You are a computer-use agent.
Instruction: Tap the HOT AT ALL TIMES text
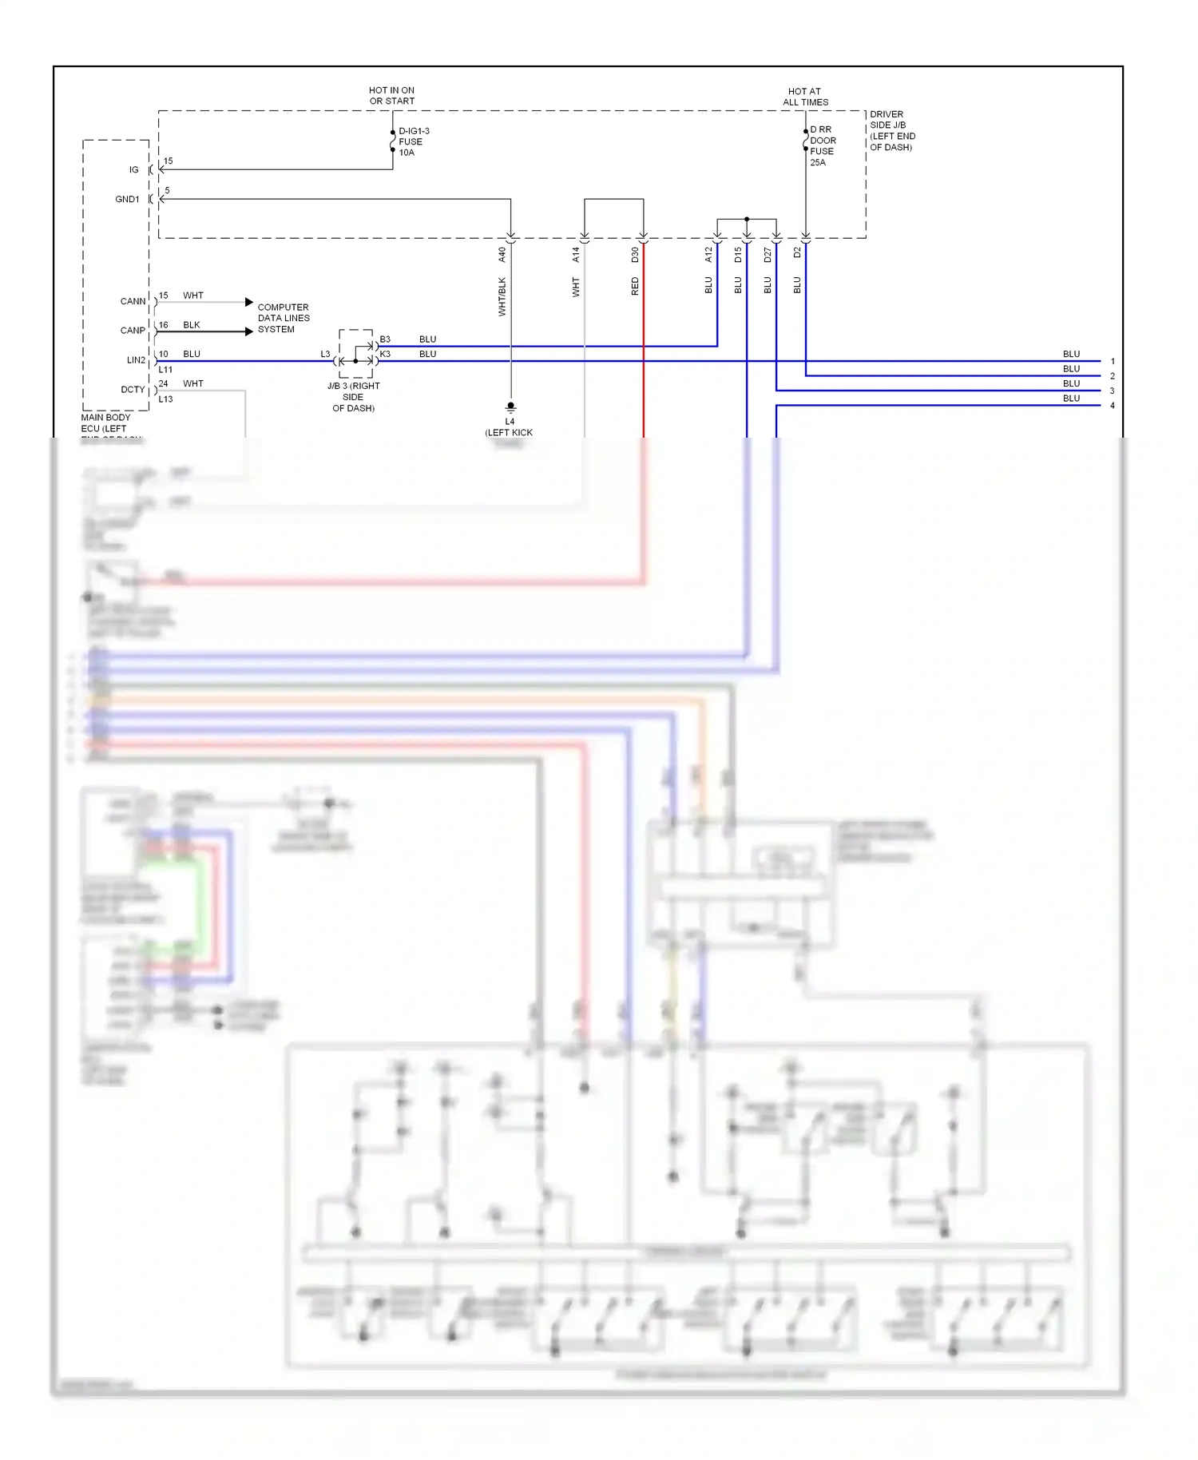click(805, 97)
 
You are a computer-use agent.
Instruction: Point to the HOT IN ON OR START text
click(391, 96)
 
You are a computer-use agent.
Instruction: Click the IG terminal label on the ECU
click(134, 170)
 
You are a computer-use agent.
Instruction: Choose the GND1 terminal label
click(127, 200)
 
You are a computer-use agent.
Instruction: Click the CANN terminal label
click(133, 302)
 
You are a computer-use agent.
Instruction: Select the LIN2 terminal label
click(136, 360)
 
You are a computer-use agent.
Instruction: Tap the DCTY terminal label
click(133, 390)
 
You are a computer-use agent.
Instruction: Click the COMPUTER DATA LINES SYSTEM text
click(283, 318)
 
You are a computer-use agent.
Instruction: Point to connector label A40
click(502, 255)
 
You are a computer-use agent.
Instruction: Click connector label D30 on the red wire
click(635, 255)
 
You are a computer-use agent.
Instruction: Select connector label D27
click(768, 255)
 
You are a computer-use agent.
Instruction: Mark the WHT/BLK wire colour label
click(502, 296)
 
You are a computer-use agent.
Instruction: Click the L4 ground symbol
click(510, 407)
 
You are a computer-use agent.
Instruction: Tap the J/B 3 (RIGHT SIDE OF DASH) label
click(353, 397)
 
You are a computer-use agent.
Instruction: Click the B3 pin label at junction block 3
click(385, 339)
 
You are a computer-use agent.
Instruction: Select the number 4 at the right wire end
click(1112, 406)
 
